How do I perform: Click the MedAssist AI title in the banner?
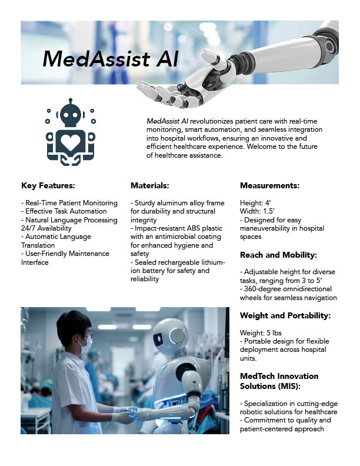[111, 59]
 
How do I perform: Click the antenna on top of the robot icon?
[71, 102]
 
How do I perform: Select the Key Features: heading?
[48, 186]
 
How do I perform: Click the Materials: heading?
[149, 186]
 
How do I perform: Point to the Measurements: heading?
[269, 186]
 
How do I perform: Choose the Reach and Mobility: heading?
[278, 255]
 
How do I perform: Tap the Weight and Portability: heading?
[285, 315]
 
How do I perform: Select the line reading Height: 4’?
[255, 203]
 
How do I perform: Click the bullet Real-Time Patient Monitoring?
[69, 203]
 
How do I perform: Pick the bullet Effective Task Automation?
[64, 211]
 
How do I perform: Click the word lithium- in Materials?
[214, 262]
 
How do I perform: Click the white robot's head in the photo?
[170, 337]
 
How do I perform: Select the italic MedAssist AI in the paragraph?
[167, 121]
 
